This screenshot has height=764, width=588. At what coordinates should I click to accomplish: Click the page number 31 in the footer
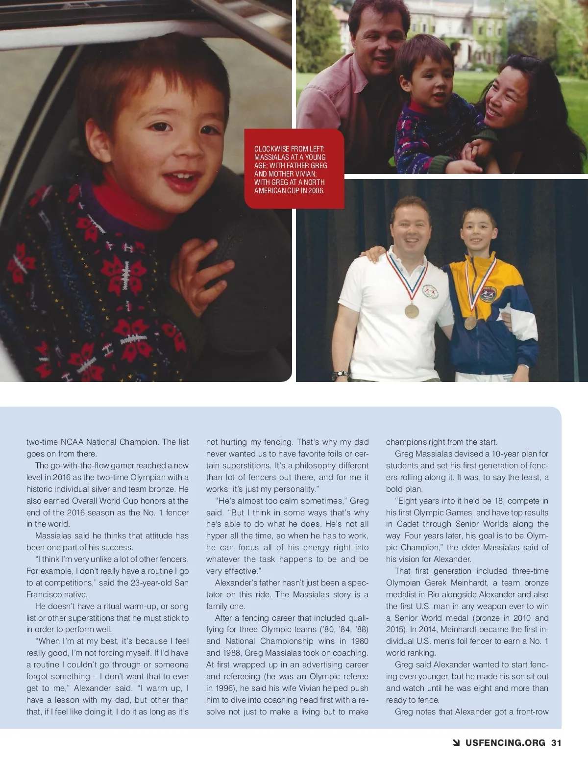coord(556,742)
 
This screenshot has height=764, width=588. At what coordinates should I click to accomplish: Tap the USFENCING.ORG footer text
coord(505,742)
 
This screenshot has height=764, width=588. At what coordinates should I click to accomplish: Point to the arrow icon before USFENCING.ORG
coord(457,742)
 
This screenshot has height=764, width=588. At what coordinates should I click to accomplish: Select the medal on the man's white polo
coord(412,310)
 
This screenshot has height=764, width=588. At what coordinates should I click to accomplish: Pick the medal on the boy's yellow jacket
coord(470,322)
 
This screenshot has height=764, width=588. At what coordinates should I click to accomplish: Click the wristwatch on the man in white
coord(340,375)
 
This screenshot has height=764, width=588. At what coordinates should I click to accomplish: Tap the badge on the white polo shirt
coord(430,291)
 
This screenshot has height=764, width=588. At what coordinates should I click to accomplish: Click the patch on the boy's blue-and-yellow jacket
coord(489,294)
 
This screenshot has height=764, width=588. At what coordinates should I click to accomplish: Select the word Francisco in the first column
coord(45,594)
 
